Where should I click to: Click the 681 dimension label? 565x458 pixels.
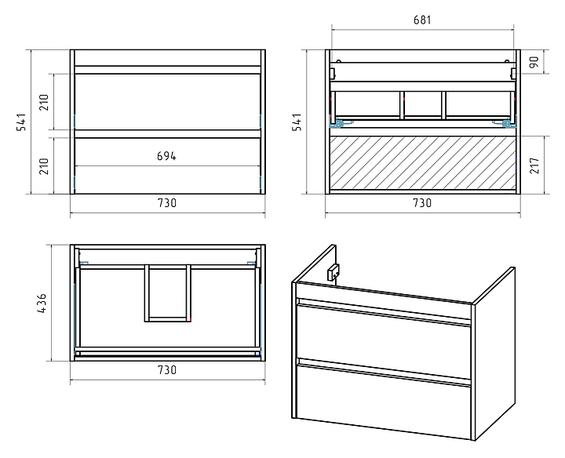pyautogui.click(x=422, y=20)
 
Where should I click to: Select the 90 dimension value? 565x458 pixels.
pyautogui.click(x=534, y=63)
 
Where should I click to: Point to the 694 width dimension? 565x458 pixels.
pyautogui.click(x=166, y=156)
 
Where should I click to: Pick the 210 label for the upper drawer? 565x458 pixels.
pyautogui.click(x=44, y=102)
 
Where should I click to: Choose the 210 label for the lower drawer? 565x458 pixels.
pyautogui.click(x=44, y=165)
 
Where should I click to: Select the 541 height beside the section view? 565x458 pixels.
pyautogui.click(x=297, y=123)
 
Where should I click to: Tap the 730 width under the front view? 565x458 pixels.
pyautogui.click(x=166, y=202)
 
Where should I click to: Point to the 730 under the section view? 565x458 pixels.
pyautogui.click(x=422, y=202)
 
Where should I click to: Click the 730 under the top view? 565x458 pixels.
pyautogui.click(x=166, y=370)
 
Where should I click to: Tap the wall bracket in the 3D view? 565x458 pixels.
pyautogui.click(x=333, y=272)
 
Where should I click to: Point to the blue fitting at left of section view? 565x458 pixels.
pyautogui.click(x=338, y=122)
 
